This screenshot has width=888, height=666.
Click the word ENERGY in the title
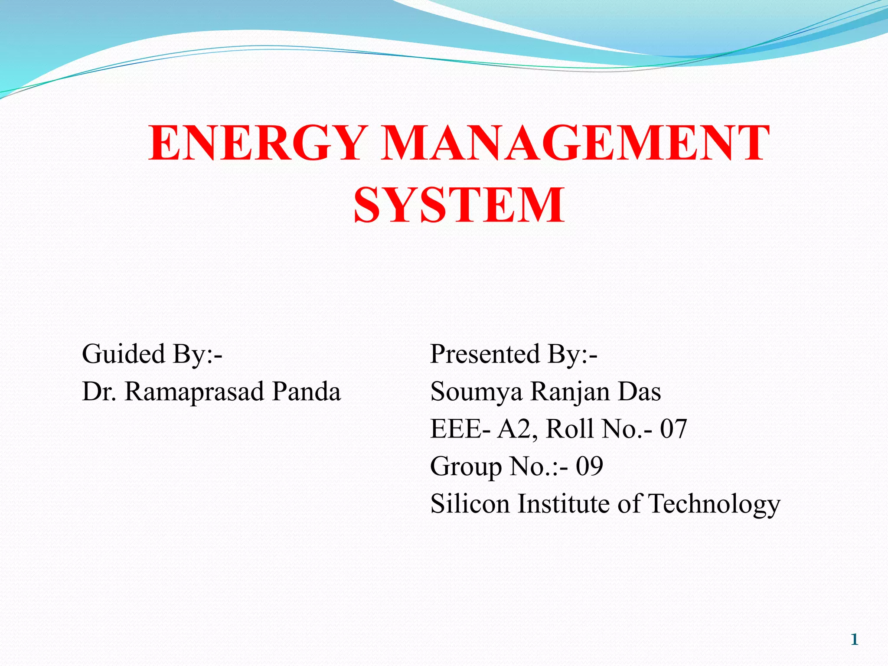[x=256, y=143]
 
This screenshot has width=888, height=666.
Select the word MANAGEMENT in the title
[x=575, y=143]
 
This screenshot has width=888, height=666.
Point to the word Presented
[x=485, y=354]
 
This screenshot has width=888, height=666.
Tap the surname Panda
[x=306, y=392]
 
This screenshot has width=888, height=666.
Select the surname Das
[x=639, y=392]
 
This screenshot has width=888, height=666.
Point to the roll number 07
[x=673, y=429]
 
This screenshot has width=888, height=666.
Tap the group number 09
[x=589, y=467]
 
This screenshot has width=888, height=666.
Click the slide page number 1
[x=855, y=640]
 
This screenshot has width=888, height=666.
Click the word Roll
[x=570, y=429]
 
